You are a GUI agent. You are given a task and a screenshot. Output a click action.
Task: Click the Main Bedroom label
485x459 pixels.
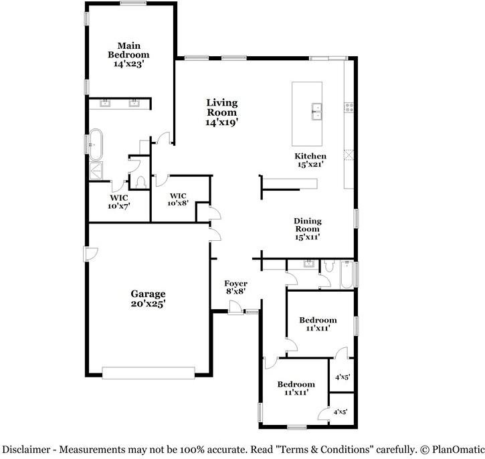coord(130,50)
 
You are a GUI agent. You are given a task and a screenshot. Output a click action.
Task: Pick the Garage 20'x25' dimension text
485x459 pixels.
coord(148,303)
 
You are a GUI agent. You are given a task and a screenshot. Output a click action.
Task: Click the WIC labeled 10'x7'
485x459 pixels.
coord(119,201)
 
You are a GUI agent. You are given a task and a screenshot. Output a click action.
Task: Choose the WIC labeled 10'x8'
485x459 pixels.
coord(177,199)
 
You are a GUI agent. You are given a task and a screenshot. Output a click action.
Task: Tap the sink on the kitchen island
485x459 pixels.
coord(316,111)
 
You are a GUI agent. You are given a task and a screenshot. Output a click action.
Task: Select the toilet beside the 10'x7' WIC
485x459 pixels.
coord(140,181)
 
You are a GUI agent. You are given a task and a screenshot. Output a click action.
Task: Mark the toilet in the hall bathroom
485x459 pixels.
coord(327,267)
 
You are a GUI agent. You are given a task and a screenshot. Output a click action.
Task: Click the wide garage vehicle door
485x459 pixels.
coord(148,373)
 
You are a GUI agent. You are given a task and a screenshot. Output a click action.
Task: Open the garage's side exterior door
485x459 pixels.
coord(90,254)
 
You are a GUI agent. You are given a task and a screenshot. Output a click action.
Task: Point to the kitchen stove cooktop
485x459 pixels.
coord(348,108)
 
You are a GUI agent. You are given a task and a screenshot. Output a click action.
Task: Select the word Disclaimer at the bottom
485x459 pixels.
coord(27,449)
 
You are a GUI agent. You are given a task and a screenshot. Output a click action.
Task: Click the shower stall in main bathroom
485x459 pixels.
coord(96,171)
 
